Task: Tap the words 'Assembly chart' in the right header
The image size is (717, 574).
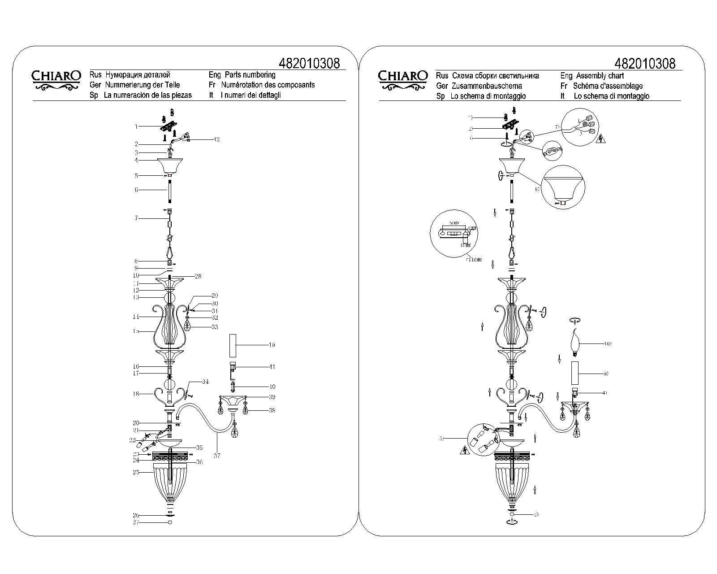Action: (x=600, y=76)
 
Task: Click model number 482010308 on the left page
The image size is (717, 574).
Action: (x=309, y=63)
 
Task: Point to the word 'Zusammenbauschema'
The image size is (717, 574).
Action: (x=487, y=86)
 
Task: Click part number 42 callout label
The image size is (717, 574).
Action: (x=216, y=139)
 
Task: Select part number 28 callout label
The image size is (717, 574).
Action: (x=198, y=276)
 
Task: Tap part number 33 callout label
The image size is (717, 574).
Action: (x=215, y=327)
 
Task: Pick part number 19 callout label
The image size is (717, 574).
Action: (x=272, y=345)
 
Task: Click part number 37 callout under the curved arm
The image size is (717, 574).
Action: (x=217, y=456)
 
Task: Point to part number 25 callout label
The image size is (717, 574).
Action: (x=136, y=472)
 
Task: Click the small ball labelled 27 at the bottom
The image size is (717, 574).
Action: (x=170, y=522)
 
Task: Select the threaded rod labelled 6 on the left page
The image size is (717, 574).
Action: (x=170, y=190)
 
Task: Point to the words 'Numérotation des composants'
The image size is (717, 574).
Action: (x=268, y=85)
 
